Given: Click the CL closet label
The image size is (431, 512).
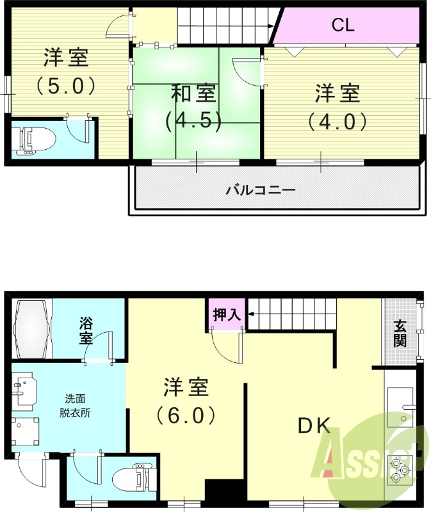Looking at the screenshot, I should pos(343,26).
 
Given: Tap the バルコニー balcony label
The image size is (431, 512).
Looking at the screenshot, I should pos(261,190).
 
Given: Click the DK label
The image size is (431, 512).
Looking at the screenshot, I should pos(313,426).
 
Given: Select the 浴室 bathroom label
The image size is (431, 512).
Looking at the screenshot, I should pos(86,330).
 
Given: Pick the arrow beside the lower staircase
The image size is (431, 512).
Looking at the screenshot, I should pos(252,314).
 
